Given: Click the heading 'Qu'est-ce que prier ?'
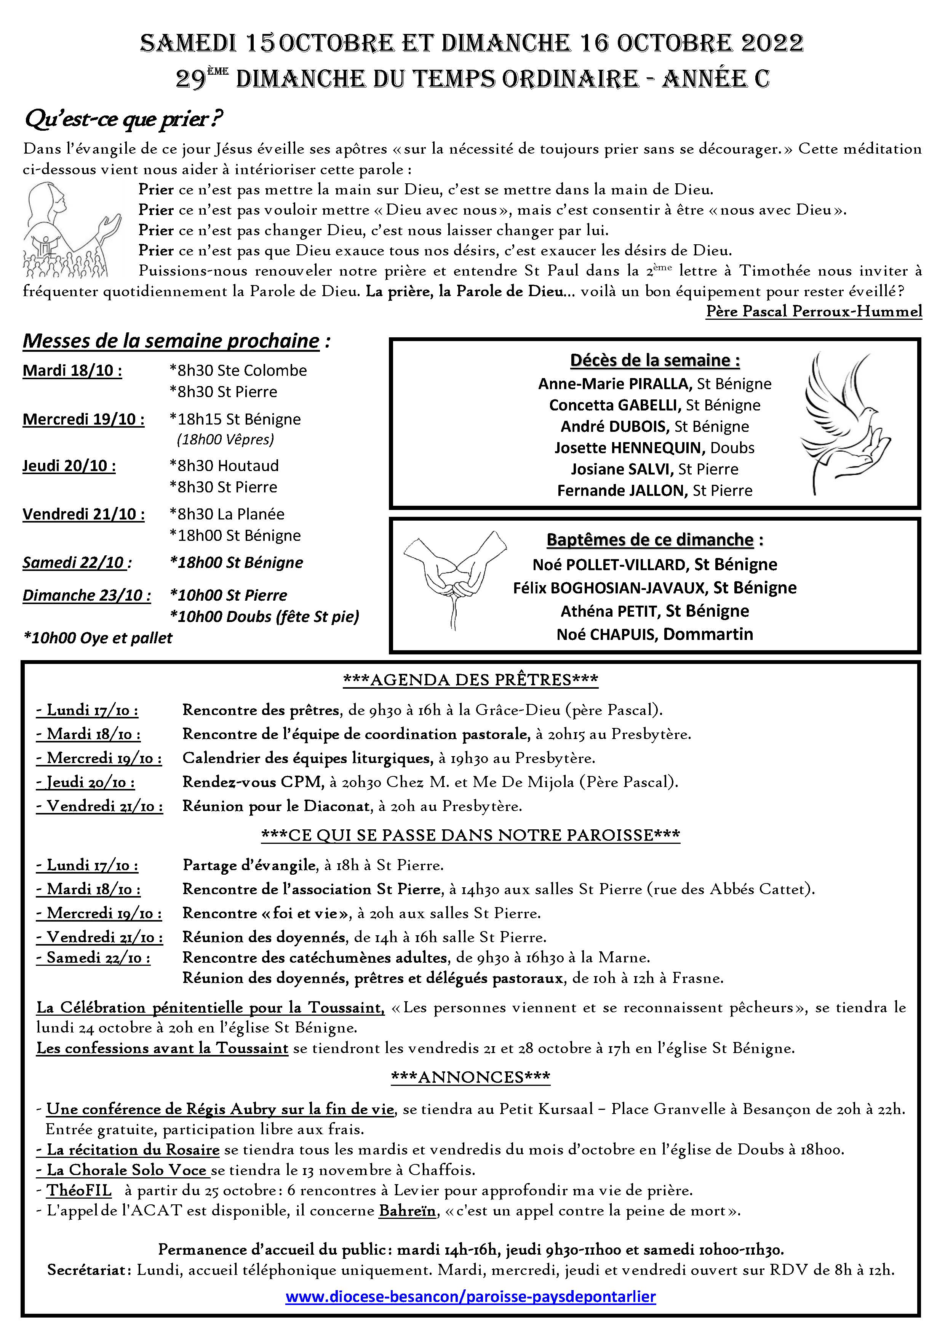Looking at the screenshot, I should [x=123, y=119].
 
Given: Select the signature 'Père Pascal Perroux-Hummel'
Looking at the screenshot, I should [x=814, y=311].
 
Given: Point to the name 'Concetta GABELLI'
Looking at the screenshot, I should [x=614, y=405].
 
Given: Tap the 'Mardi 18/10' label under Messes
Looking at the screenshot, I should [x=72, y=370].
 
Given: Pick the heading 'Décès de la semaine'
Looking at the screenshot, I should [x=655, y=361].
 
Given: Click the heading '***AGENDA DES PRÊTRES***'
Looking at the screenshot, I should [x=471, y=680].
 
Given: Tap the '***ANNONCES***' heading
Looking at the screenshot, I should [x=471, y=1077].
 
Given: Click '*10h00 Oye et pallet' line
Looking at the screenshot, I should [x=98, y=638].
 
